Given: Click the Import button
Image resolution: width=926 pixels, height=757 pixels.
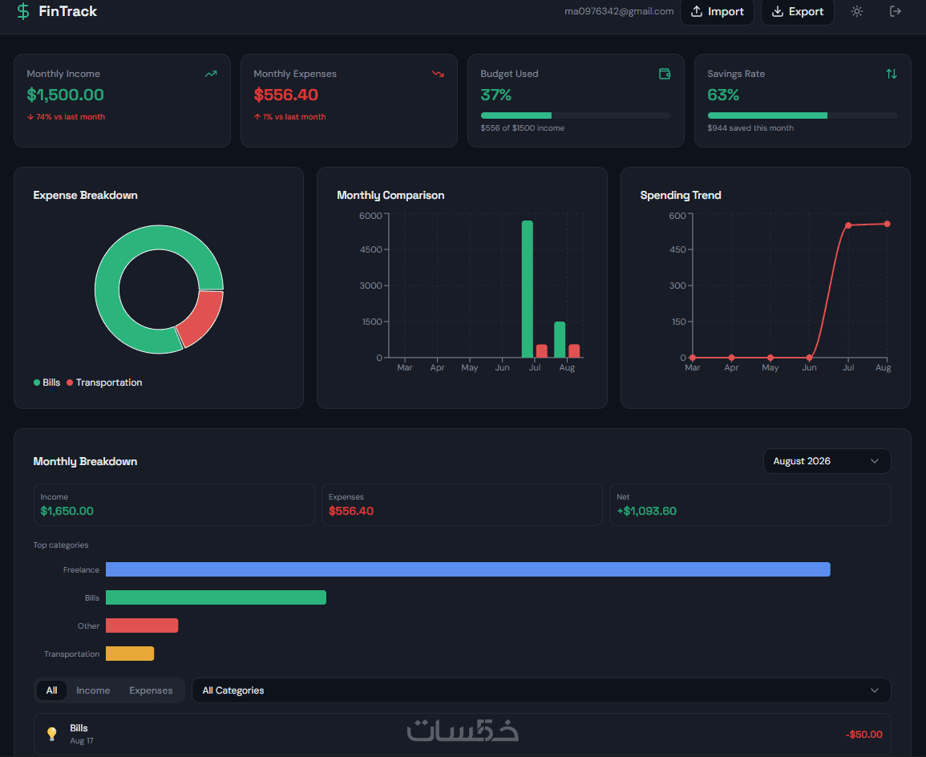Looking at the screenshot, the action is [x=717, y=12].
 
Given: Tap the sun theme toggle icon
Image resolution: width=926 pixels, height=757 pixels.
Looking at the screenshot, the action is [x=857, y=11].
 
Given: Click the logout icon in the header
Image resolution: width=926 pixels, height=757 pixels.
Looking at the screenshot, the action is [x=896, y=11].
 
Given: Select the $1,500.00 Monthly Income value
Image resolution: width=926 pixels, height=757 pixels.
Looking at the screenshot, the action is [x=65, y=95].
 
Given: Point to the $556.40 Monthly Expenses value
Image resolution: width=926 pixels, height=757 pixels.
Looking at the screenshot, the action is [x=286, y=95].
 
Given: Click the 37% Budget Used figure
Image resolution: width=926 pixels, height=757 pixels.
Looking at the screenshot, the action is [x=496, y=95].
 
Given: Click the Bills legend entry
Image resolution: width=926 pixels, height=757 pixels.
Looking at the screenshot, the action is [x=47, y=383].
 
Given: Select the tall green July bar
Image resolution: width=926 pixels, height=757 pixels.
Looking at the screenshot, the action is [x=528, y=289].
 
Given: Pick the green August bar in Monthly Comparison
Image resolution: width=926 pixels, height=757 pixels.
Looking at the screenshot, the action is [x=560, y=339].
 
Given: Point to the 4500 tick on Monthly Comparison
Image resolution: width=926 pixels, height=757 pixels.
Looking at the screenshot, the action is [x=371, y=249].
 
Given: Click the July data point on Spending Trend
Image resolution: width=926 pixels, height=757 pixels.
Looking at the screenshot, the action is [x=848, y=225].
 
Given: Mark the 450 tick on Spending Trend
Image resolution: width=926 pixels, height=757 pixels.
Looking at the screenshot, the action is [x=677, y=249].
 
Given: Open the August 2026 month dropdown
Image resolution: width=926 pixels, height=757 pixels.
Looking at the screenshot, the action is [x=827, y=461].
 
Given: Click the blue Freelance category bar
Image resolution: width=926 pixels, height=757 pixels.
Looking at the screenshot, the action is [x=467, y=569].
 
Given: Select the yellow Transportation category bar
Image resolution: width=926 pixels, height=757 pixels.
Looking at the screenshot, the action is [x=130, y=654].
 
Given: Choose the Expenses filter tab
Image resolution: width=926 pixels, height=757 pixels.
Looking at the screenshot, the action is [x=152, y=690].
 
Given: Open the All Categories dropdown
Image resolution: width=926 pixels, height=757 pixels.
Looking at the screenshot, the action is [x=541, y=690].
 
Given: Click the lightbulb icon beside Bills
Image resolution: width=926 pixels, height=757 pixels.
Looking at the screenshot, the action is [x=52, y=734].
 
